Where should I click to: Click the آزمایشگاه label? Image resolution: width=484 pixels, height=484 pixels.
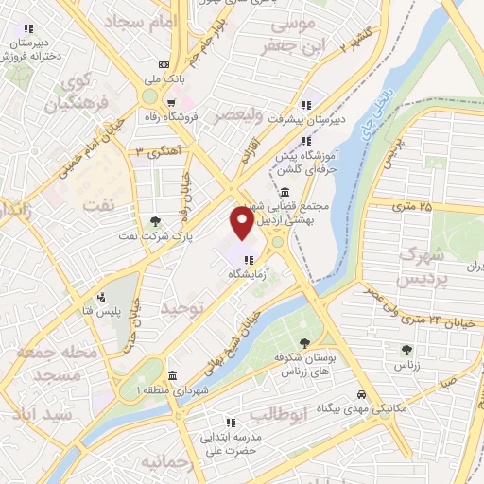(x=247, y=272)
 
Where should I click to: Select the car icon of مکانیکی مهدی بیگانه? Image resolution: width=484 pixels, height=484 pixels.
(x=361, y=393)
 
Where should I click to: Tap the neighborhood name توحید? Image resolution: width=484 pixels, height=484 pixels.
(x=182, y=308)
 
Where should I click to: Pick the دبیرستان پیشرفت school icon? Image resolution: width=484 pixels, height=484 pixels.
(x=305, y=105)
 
